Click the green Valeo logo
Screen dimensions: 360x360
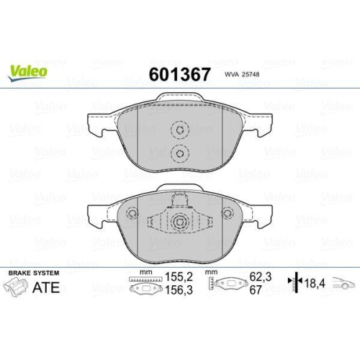(29, 71)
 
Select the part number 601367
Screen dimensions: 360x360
(179, 74)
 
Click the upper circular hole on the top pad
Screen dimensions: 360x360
(179, 130)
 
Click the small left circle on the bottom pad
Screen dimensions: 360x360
(132, 213)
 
